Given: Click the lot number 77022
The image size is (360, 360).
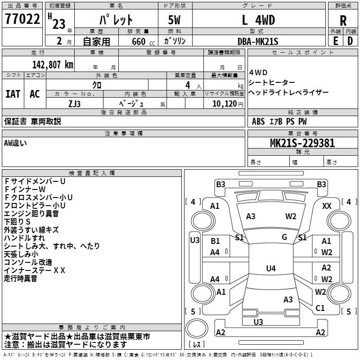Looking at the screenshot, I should pos(22,19).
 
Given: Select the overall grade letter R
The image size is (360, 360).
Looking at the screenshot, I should pos(343,21).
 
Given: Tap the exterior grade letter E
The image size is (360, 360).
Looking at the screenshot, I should pos(335,40).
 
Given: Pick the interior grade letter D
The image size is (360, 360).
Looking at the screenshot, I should pos(350,40).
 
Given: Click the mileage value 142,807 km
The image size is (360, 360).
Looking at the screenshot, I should pos(53,64).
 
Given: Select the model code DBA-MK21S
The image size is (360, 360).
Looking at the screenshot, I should pos(258,41).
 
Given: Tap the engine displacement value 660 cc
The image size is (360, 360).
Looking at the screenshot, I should pos(138,41).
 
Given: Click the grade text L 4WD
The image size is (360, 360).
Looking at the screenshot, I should pos(258,20).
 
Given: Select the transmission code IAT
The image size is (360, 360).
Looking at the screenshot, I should pos(13,94).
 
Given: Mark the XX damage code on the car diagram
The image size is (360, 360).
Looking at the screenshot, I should pos(327,206).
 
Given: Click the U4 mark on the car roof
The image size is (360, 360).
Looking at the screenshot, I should pos(270,269).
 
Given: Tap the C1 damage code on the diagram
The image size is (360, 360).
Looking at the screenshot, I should pos(320,308).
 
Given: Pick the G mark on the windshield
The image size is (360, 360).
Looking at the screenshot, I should pos(284,237).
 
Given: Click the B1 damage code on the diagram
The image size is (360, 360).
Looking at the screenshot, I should pos(215,241).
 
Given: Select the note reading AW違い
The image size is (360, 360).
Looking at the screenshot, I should pos(15,143).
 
